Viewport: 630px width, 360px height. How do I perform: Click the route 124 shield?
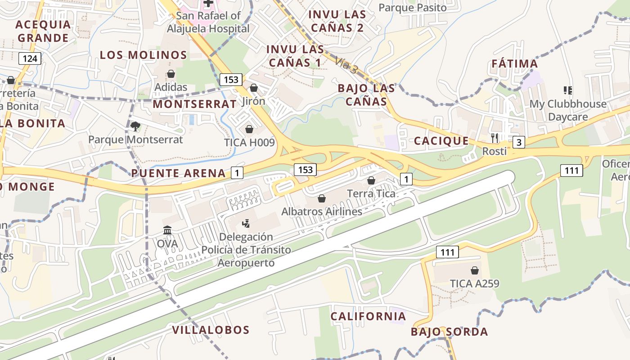coord(30,58)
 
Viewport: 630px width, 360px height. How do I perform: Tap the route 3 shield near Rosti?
coord(519,142)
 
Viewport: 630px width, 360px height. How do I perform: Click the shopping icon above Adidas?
coord(171,74)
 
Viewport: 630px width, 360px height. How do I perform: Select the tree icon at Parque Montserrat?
coord(135,126)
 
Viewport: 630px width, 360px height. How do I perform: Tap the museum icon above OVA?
coord(167,230)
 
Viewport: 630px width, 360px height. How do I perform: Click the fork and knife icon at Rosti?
coord(495,138)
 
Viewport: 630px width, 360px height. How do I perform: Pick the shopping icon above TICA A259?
coord(474,270)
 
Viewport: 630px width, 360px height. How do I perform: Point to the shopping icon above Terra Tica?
coord(371,180)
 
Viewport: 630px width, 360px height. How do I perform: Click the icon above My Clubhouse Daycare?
coord(568,90)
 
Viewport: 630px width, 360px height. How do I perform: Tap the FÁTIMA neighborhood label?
coord(514,63)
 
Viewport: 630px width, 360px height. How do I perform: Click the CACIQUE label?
coord(441,141)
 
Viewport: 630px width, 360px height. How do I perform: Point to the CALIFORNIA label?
coord(368,316)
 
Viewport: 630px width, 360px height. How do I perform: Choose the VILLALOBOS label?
coord(211,330)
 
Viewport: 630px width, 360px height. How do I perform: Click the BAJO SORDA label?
coord(449,332)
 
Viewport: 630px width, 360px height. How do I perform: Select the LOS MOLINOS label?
coord(143,55)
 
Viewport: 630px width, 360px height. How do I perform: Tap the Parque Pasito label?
coord(413,8)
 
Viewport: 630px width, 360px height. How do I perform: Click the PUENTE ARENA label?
coord(178,173)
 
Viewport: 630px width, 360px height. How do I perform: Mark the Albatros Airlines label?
coord(322,211)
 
